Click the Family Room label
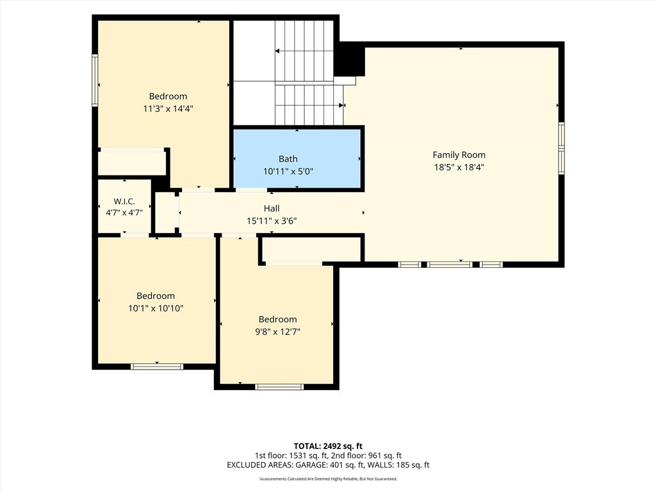pyautogui.click(x=459, y=155)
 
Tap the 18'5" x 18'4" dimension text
pyautogui.click(x=459, y=167)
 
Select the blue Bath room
pyautogui.click(x=297, y=159)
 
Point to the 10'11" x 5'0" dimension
pyautogui.click(x=288, y=172)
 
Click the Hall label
pyautogui.click(x=272, y=208)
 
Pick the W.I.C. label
pyautogui.click(x=124, y=202)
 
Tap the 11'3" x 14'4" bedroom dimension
pyautogui.click(x=168, y=109)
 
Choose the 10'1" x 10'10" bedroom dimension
pyautogui.click(x=156, y=308)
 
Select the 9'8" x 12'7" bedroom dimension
pyautogui.click(x=278, y=332)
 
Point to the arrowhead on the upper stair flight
pyautogui.click(x=277, y=51)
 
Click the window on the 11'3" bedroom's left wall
pyautogui.click(x=95, y=80)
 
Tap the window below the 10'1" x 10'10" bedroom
pyautogui.click(x=157, y=367)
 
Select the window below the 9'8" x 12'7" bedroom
pyautogui.click(x=279, y=387)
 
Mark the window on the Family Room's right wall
pyautogui.click(x=561, y=148)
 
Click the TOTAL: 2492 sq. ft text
pyautogui.click(x=328, y=446)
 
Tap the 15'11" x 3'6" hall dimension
pyautogui.click(x=272, y=221)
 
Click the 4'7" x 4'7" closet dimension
pyautogui.click(x=124, y=213)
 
